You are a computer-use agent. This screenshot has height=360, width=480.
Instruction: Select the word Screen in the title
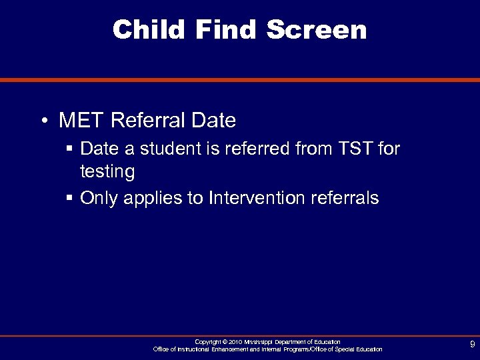(x=317, y=29)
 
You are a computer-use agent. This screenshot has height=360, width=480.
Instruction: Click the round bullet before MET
(x=43, y=121)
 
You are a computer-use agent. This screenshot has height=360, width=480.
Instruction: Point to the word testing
(x=107, y=172)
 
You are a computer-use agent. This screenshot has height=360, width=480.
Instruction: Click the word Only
(x=98, y=198)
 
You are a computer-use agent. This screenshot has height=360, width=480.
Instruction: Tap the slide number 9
(x=472, y=345)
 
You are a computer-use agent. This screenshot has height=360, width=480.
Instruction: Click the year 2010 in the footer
(x=235, y=341)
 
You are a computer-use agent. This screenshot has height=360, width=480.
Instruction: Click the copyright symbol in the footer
(x=224, y=341)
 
